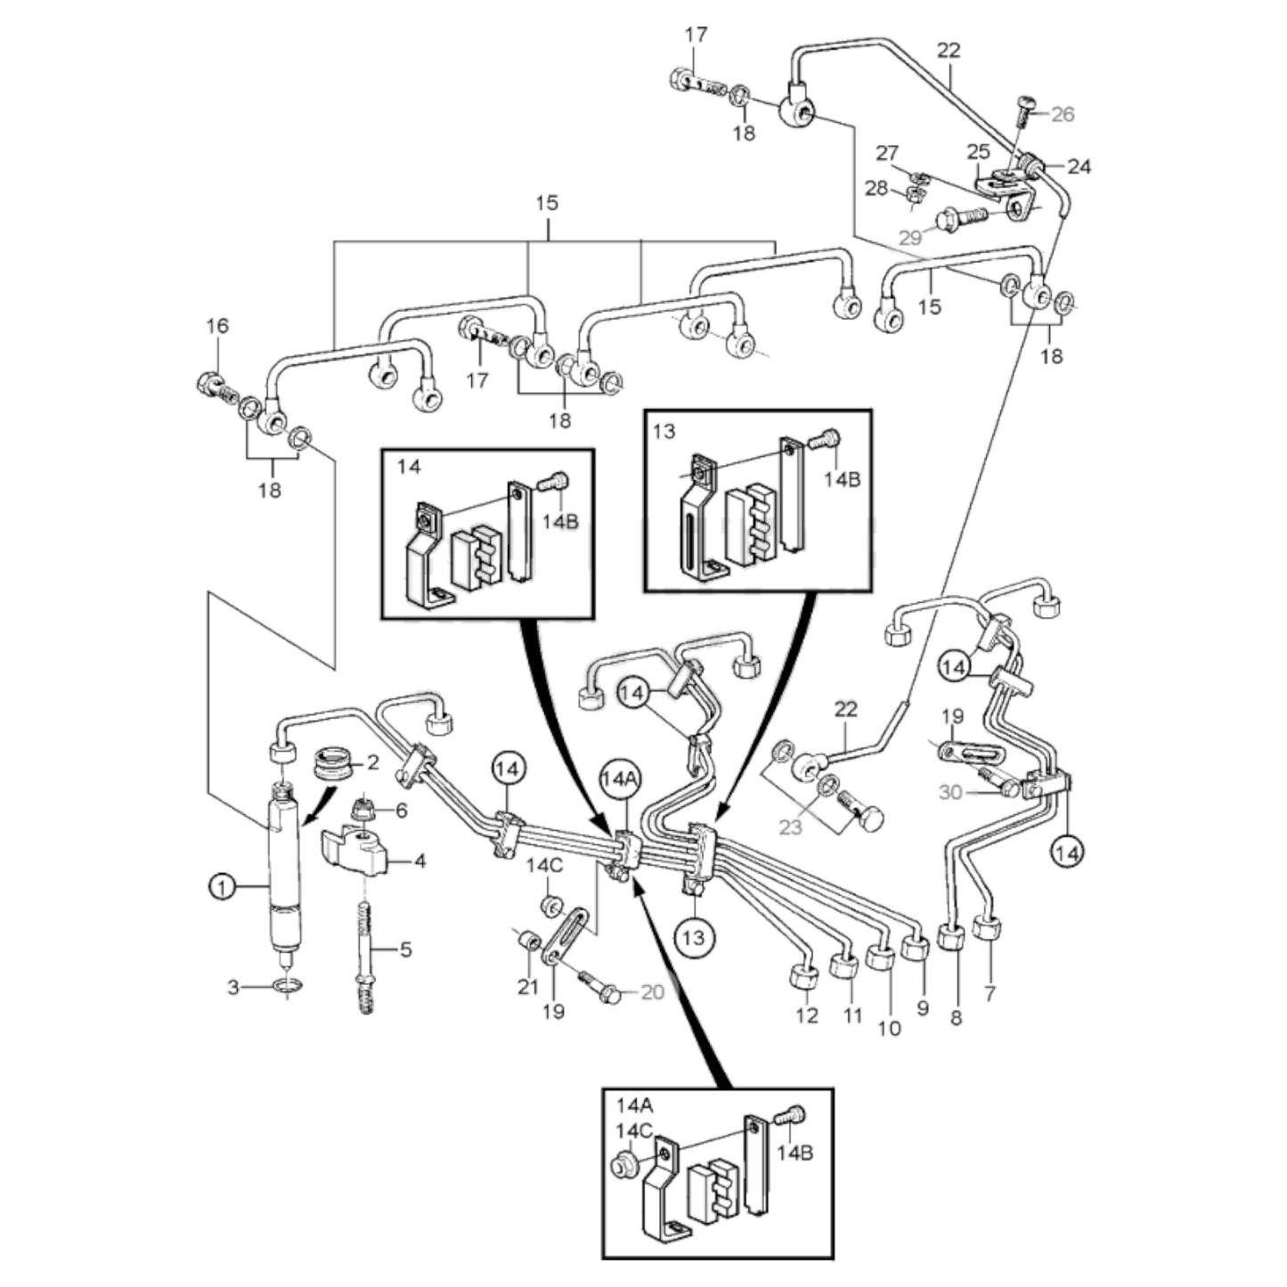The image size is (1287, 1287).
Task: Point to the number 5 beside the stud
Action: coord(405,949)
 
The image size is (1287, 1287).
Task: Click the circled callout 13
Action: coord(695,936)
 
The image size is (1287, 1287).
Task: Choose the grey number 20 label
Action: coord(652,991)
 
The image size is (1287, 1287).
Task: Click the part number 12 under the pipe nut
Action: coord(807,1015)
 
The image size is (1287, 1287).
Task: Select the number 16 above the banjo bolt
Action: coord(217,327)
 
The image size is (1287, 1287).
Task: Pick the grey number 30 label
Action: coord(950,791)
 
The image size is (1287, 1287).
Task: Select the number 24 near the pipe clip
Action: coord(1079,166)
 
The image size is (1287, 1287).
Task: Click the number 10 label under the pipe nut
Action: coord(889,1028)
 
